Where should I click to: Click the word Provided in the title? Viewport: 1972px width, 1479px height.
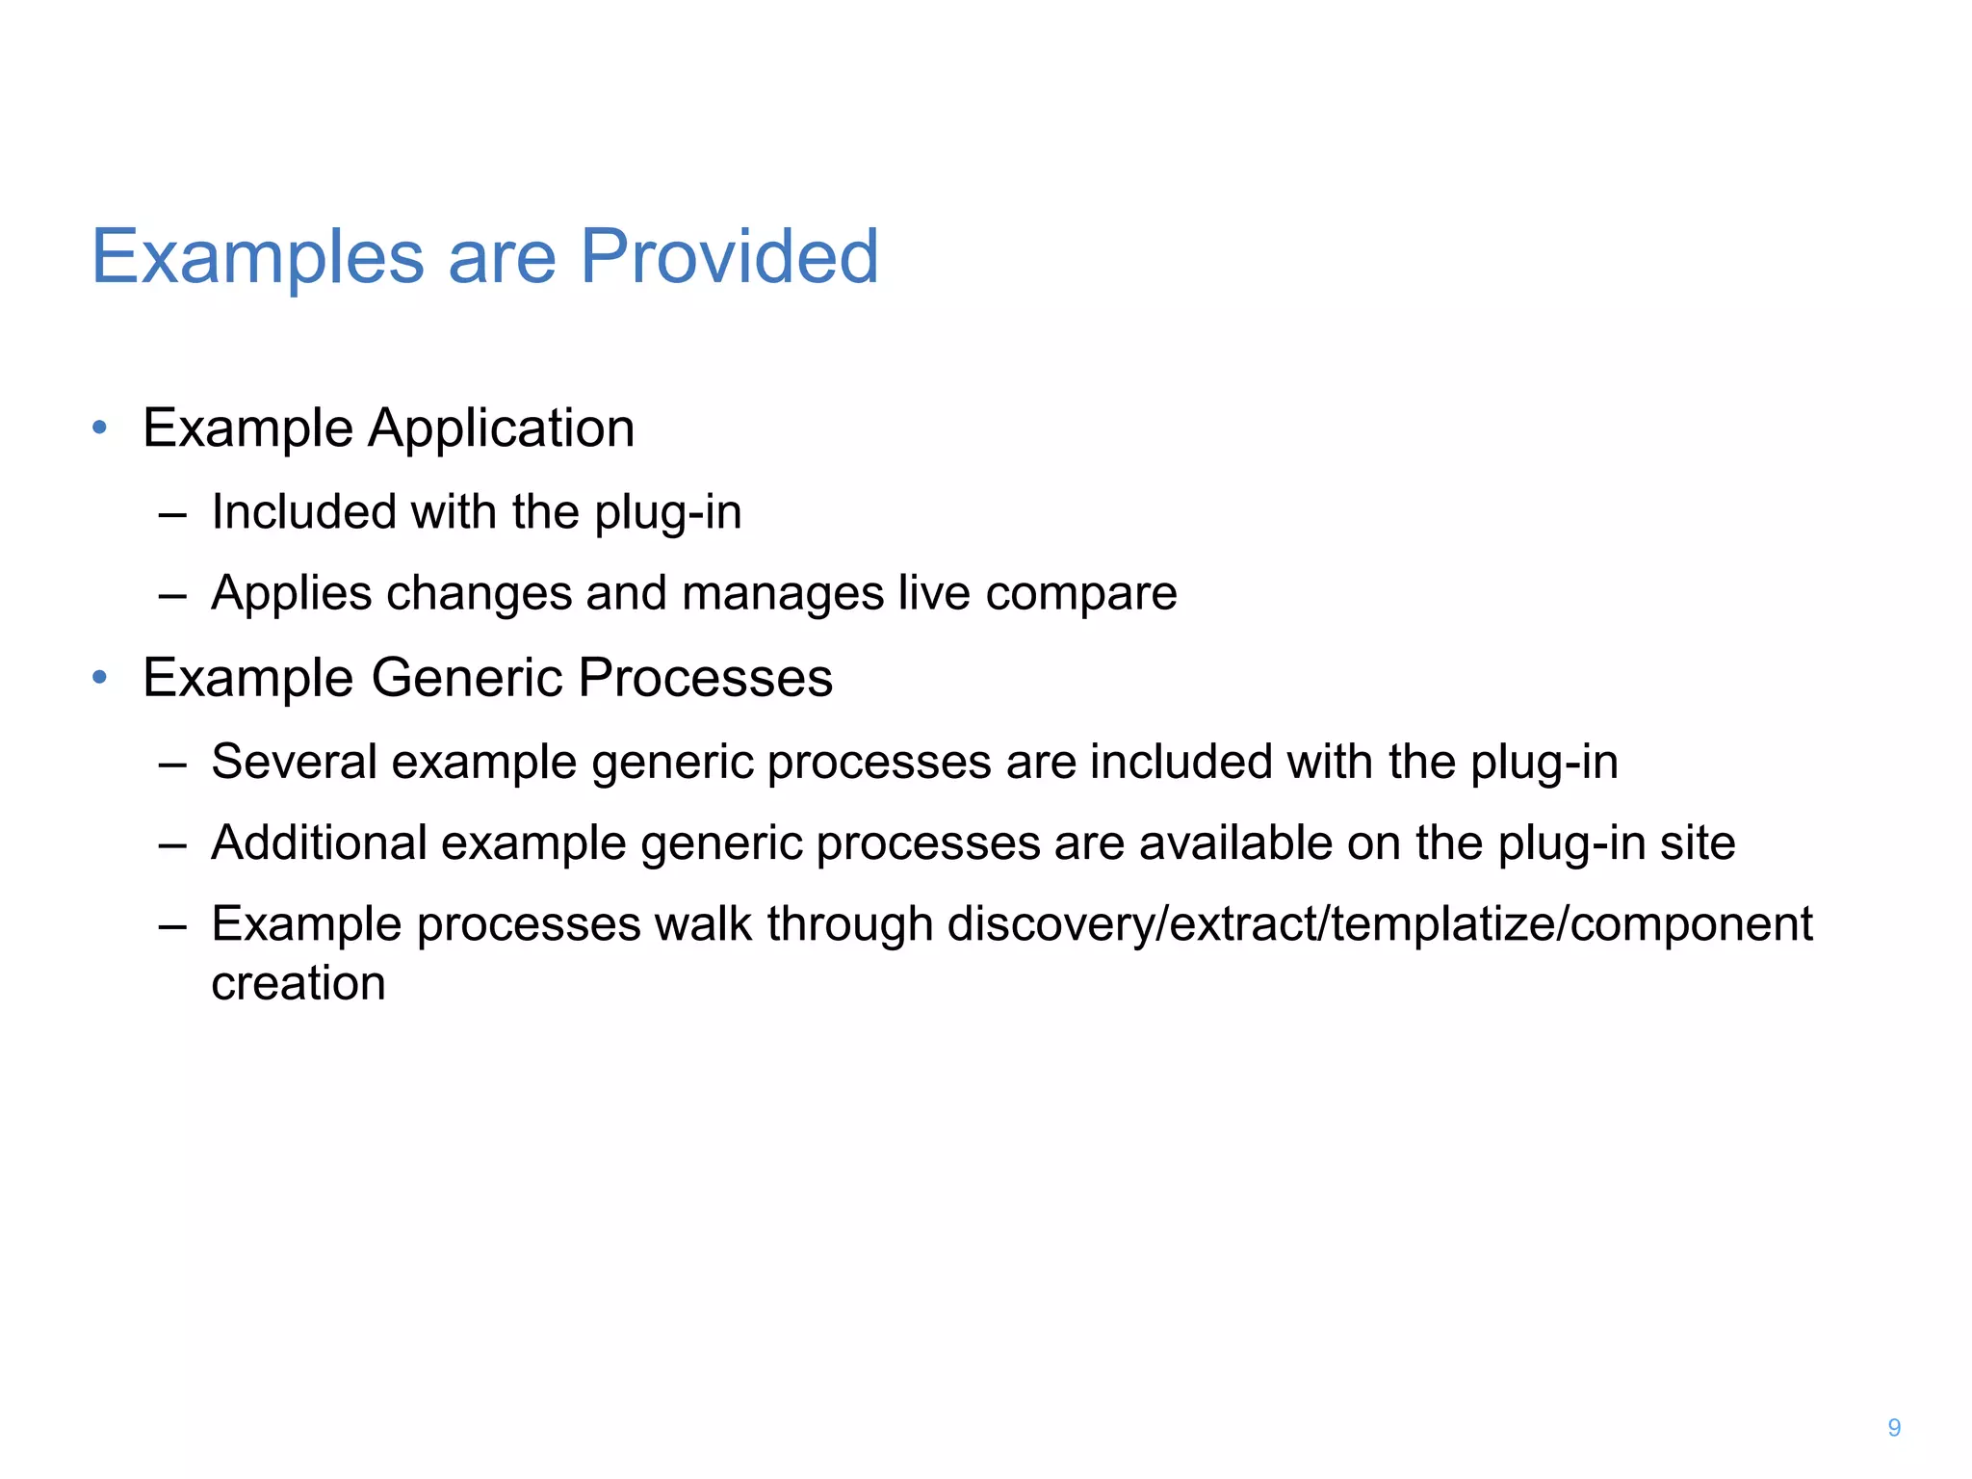[x=729, y=257]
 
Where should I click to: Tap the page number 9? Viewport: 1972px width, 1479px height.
[x=1894, y=1427]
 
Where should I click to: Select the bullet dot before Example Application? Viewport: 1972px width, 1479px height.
[x=99, y=427]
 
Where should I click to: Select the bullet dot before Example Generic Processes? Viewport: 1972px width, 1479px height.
[x=99, y=677]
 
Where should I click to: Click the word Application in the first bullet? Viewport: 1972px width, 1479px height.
[x=501, y=429]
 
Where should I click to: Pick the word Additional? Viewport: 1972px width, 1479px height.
[x=319, y=843]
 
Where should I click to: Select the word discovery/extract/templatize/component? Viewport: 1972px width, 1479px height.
[x=1380, y=925]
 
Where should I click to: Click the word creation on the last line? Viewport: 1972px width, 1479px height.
[x=298, y=983]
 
